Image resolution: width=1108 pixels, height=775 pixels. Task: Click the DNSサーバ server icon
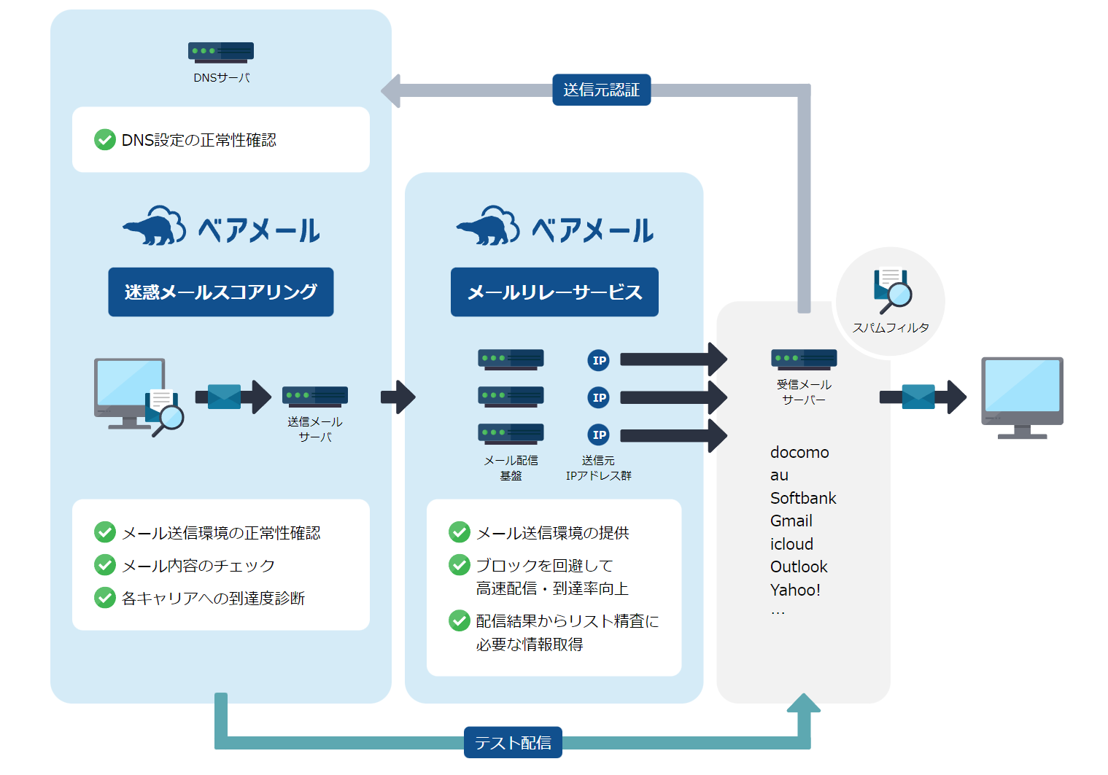pos(220,52)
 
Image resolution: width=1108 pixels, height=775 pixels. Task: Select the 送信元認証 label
pos(601,90)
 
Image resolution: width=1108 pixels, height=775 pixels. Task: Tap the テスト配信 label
pos(513,742)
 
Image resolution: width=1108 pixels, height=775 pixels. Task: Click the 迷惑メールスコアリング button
pos(220,292)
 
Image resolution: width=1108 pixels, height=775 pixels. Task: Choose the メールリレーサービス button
pos(554,292)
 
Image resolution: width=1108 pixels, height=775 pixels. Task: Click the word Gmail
pos(791,521)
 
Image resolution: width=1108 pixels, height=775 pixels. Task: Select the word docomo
pos(799,452)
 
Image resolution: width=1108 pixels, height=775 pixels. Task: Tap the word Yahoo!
pos(795,590)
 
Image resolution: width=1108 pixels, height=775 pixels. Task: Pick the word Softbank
pos(803,498)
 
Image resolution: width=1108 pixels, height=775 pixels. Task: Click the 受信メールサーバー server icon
pos(804,359)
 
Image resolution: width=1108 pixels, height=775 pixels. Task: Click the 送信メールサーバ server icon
pos(315,396)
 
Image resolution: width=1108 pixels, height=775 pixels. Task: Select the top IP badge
pos(599,360)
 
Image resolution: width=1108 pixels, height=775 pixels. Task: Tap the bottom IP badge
pos(599,435)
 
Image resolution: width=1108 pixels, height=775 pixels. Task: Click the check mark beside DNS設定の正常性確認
pos(105,139)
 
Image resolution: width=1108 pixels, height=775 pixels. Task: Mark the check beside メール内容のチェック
pos(105,565)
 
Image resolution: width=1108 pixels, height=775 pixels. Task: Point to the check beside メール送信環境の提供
pos(460,532)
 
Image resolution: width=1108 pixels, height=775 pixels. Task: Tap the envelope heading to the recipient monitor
pos(918,397)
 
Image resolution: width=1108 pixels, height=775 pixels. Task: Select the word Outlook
pos(799,566)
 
